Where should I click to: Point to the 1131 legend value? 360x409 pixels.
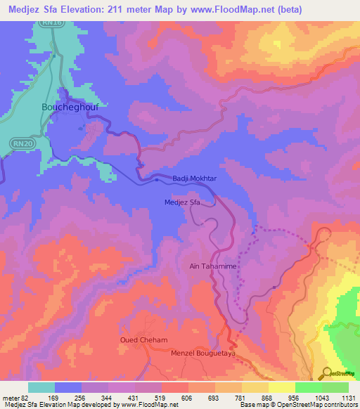click(347, 397)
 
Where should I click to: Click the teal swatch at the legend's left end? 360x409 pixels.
click(41, 387)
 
